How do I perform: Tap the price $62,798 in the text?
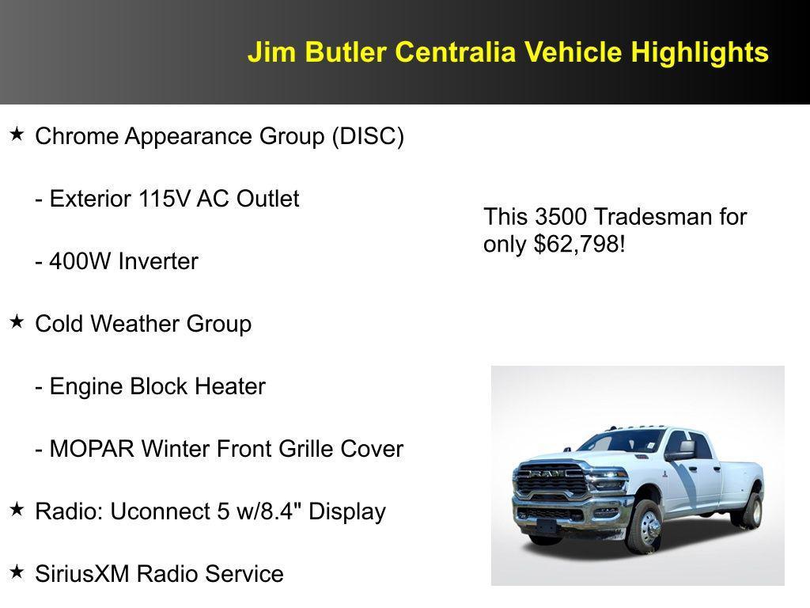577,244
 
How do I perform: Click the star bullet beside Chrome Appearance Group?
17,135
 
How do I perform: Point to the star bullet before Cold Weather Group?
17,322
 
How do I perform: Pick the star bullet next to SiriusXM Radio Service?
17,572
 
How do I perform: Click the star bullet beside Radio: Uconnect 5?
17,509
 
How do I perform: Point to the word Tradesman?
642,216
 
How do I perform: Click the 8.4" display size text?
277,511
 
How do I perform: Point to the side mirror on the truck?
681,450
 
